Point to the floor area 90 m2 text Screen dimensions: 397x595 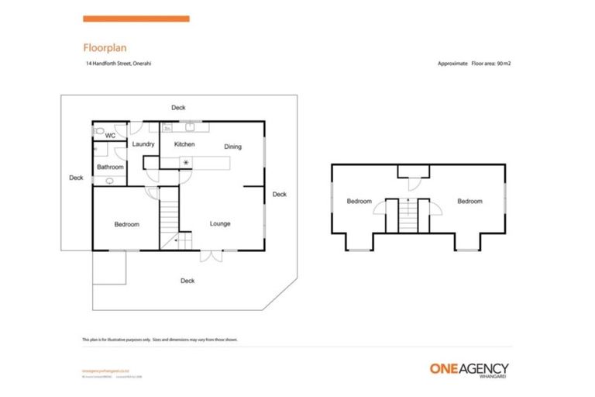(x=474, y=64)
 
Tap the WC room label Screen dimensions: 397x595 (x=110, y=136)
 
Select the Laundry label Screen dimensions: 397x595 (x=143, y=144)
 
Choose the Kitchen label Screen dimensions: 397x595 (x=184, y=144)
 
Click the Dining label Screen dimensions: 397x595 (x=233, y=147)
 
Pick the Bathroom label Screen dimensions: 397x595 (x=110, y=167)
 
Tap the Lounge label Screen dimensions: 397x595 (x=220, y=224)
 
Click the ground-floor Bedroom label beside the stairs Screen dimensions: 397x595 (x=126, y=225)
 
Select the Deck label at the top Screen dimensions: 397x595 (x=179, y=108)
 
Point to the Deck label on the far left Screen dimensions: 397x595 (x=76, y=178)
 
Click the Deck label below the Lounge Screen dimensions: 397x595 (x=187, y=281)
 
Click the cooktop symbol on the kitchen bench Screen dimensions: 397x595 (x=186, y=162)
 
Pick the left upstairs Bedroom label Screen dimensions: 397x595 (x=359, y=202)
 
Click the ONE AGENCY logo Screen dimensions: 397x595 (x=469, y=368)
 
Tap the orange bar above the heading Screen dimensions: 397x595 (x=136, y=18)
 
